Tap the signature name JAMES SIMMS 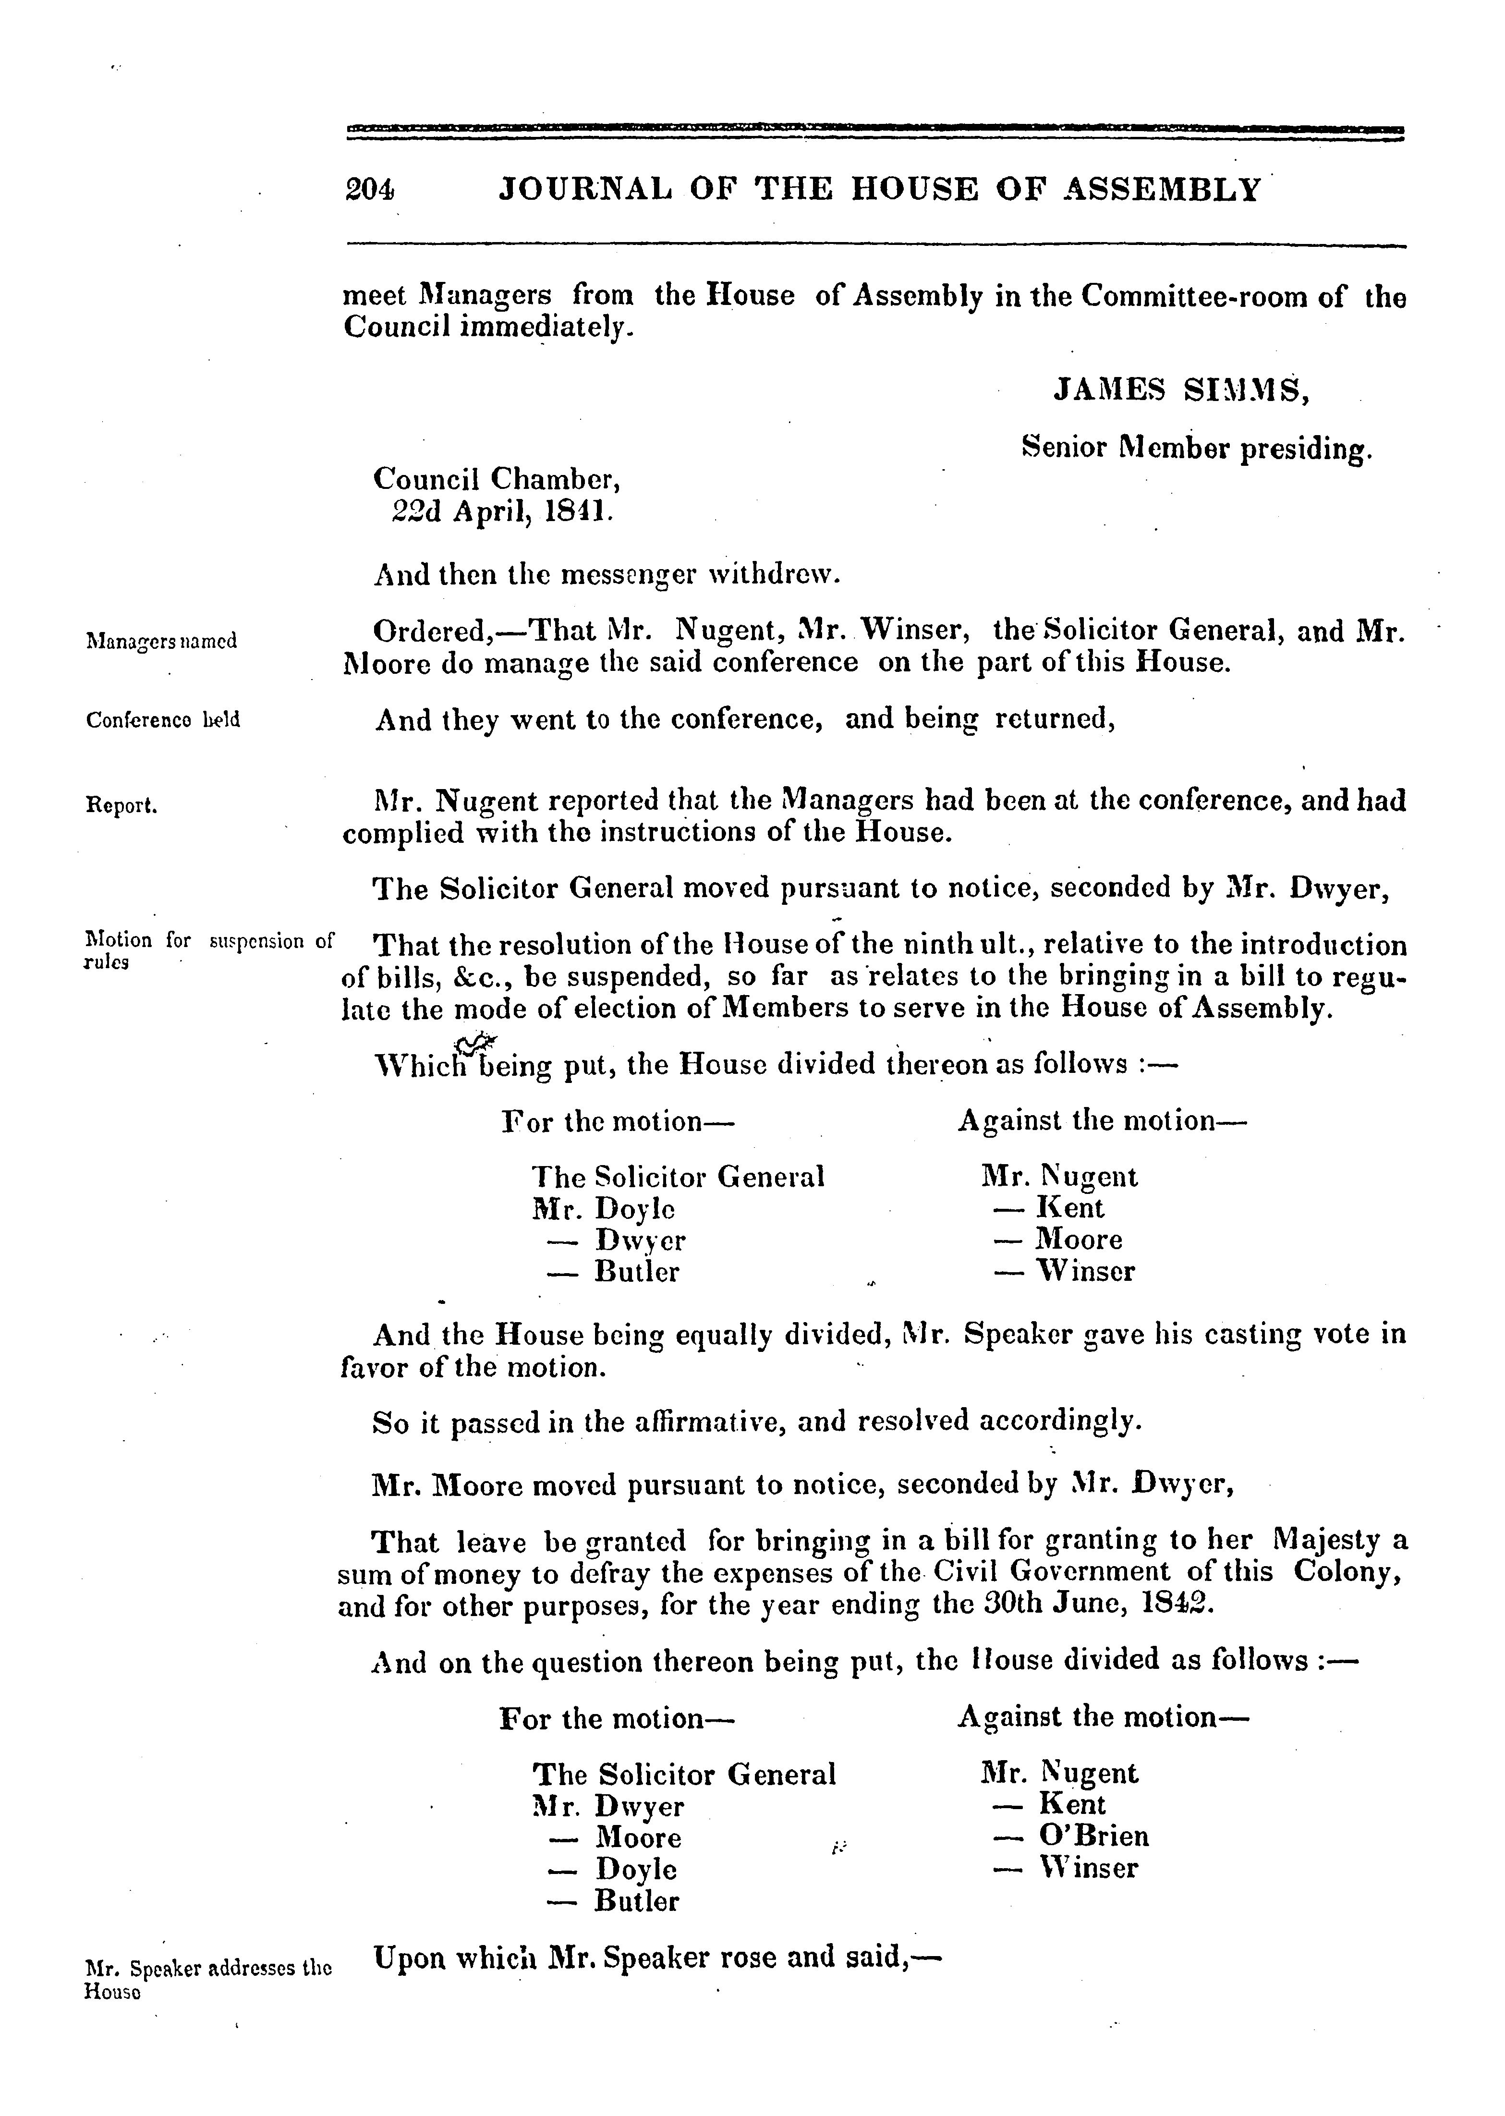1181,391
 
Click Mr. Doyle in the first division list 603,1210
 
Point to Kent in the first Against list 1069,1209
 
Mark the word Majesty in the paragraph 1329,1541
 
